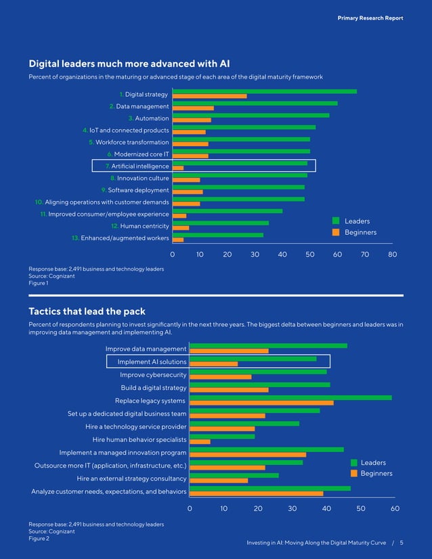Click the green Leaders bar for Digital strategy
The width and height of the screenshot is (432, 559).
pos(265,91)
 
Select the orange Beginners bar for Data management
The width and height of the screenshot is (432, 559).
pos(194,108)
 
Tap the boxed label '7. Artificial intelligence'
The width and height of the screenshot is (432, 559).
pos(137,166)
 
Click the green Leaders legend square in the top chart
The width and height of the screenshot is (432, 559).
pos(336,221)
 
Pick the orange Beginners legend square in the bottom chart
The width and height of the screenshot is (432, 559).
pos(353,473)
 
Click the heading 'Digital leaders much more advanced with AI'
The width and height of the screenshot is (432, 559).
pos(129,64)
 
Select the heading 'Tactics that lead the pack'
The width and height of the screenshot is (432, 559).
pos(87,311)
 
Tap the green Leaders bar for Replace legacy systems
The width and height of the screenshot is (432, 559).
pos(290,397)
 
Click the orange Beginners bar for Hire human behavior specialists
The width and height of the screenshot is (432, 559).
pos(200,442)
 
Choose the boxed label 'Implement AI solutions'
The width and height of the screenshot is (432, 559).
pos(148,362)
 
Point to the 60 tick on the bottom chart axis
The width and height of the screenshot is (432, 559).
pos(395,508)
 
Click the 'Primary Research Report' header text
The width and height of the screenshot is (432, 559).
pos(370,18)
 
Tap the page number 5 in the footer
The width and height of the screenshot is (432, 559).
pos(402,543)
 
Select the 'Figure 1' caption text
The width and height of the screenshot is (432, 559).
pos(38,283)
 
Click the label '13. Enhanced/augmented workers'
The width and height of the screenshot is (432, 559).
pos(121,238)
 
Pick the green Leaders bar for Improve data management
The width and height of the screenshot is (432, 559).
pos(268,346)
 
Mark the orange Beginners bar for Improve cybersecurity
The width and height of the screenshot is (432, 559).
pos(220,377)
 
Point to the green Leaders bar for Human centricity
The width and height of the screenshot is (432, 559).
pos(221,223)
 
